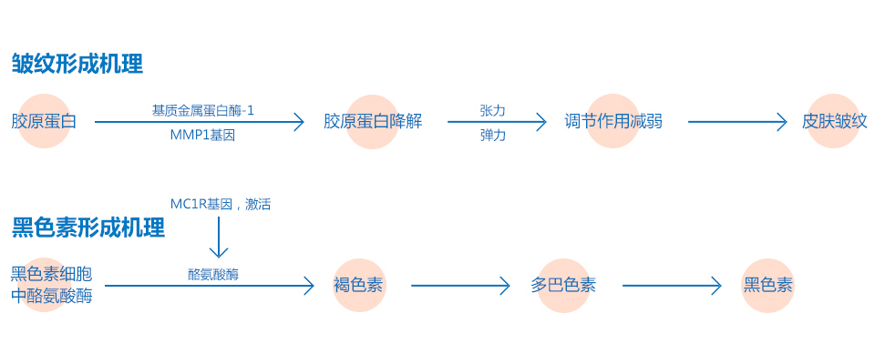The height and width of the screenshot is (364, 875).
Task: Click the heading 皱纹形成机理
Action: click(x=77, y=65)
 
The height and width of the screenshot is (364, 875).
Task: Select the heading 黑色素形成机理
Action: click(x=88, y=227)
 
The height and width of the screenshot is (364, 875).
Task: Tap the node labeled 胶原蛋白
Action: click(x=44, y=121)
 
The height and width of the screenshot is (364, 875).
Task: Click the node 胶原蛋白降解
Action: click(x=373, y=121)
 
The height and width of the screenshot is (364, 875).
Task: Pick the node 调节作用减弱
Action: click(x=613, y=121)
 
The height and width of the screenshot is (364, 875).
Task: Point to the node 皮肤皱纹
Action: click(x=834, y=121)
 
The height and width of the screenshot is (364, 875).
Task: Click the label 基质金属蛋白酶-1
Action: click(x=203, y=110)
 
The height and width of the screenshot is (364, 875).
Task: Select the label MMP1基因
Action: click(x=202, y=135)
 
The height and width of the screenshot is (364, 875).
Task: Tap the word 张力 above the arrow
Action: click(x=492, y=110)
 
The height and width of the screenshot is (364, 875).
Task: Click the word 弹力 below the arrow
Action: click(x=492, y=135)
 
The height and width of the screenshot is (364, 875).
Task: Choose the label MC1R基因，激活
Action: click(x=221, y=205)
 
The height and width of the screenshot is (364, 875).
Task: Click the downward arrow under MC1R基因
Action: click(x=218, y=240)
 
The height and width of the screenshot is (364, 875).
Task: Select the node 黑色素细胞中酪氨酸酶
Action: click(x=51, y=284)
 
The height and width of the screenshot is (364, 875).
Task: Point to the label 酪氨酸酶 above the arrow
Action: click(x=213, y=273)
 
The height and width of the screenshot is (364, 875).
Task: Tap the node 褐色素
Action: click(x=358, y=285)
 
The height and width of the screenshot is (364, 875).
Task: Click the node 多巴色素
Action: click(x=563, y=285)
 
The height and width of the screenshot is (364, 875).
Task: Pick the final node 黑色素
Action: click(x=767, y=285)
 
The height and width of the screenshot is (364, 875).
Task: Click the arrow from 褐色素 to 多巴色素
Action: click(x=460, y=286)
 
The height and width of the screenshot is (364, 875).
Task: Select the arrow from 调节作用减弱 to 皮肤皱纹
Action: click(x=736, y=121)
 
